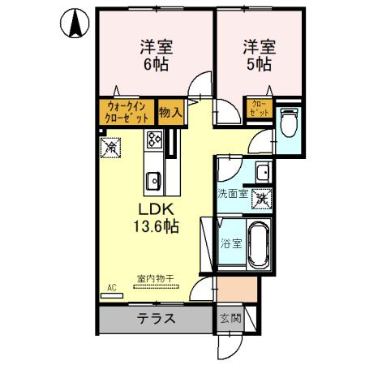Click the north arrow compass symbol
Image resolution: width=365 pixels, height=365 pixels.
click(73, 24)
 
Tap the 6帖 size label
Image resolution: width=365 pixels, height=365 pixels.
click(157, 64)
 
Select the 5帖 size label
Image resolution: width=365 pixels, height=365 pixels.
click(260, 64)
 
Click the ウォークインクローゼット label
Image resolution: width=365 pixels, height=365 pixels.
click(126, 110)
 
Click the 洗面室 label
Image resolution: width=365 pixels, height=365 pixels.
click(233, 195)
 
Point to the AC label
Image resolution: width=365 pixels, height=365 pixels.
click(112, 287)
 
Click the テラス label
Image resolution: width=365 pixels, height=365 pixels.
click(156, 318)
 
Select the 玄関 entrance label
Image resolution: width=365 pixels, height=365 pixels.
click(230, 318)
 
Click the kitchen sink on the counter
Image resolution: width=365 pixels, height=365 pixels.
click(152, 179)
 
